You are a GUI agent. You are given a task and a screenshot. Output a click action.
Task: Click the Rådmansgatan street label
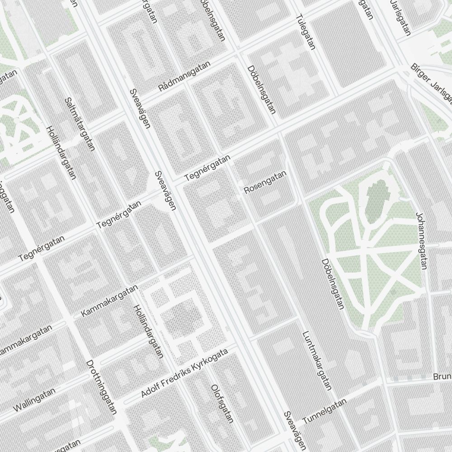[184, 77]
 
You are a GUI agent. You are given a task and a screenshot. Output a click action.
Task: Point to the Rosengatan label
[265, 182]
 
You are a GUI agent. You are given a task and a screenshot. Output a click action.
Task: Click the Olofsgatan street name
[222, 404]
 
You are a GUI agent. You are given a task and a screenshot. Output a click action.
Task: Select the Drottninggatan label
[102, 387]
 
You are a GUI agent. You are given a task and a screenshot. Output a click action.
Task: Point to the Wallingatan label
[34, 400]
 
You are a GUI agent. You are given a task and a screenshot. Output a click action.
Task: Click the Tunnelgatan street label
[324, 411]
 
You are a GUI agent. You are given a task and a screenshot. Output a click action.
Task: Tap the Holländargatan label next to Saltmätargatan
[61, 152]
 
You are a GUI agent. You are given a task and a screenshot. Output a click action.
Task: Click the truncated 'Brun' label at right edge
[442, 377]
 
